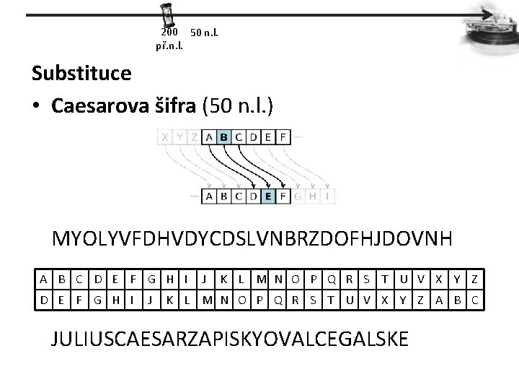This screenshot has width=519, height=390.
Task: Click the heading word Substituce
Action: coord(81,73)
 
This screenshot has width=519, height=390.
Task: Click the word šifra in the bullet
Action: coord(176,106)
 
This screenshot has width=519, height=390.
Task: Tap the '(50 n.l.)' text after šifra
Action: coord(238,106)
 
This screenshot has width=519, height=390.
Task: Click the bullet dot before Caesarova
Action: coord(37,107)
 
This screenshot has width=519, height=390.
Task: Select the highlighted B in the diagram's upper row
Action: coord(223,136)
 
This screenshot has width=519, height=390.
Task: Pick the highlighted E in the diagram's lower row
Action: coord(267,195)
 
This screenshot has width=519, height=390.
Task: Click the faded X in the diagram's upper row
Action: coord(166,136)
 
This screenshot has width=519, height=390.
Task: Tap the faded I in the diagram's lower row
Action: coord(328,195)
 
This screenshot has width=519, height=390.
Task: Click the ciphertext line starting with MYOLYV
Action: coord(252,239)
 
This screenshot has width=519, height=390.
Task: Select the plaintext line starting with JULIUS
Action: coord(230,337)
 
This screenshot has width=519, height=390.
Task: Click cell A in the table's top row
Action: coord(44,279)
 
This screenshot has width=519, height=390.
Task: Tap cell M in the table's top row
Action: coord(259,279)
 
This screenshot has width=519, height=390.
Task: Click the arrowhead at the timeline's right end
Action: coord(490,14)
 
